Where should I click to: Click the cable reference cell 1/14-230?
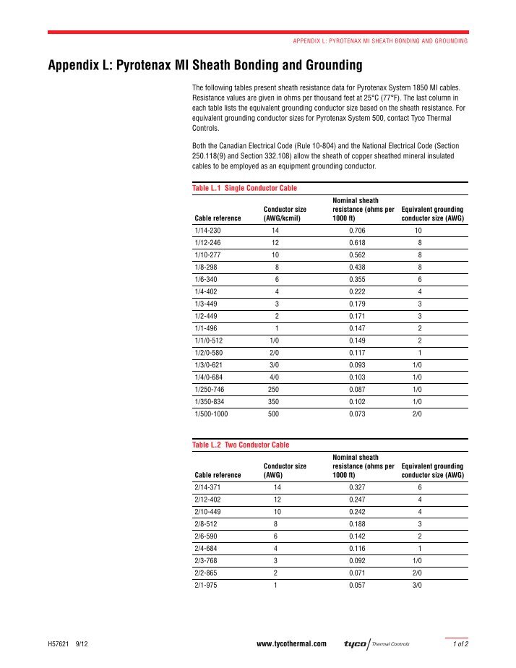pos(210,231)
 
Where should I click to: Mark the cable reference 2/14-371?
pos(210,488)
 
